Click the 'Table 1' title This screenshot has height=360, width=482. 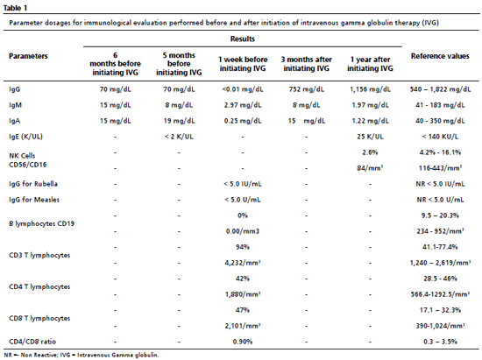coord(16,8)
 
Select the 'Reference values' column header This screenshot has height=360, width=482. coord(440,56)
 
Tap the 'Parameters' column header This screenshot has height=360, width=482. coord(28,56)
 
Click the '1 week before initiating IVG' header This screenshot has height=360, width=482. coord(243,64)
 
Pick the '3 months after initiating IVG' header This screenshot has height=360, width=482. coord(306,64)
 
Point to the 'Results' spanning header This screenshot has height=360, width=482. coord(243,39)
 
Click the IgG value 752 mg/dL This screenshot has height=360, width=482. coord(306,89)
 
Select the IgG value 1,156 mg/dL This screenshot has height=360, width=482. coord(370,89)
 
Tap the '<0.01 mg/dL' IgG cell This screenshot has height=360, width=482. coord(243,89)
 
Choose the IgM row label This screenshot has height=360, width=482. coord(16,105)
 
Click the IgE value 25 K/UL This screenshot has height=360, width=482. coord(370,137)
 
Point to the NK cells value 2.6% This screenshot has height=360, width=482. coord(370,152)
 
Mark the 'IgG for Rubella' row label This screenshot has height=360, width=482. coord(33,184)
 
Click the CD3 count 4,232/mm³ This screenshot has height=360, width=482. coord(243,263)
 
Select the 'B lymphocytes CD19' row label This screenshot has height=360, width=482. coord(41,223)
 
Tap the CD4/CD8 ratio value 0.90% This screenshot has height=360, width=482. coord(243,342)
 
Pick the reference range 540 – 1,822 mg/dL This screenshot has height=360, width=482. coord(440,89)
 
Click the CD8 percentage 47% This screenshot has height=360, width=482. coord(243,309)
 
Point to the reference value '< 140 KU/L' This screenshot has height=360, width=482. coord(440,137)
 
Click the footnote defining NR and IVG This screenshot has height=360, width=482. coord(82,355)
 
